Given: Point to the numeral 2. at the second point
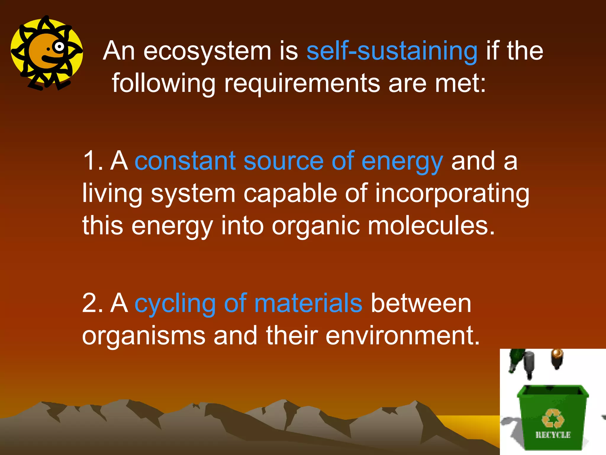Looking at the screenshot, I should [92, 303].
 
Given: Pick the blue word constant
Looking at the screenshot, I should [185, 161].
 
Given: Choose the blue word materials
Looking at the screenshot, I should [308, 303].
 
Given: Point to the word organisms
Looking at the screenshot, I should [144, 337].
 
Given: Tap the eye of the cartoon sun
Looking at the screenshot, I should [59, 47].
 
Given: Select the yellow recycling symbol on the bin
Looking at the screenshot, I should [552, 419].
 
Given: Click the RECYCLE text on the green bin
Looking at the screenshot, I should [553, 435].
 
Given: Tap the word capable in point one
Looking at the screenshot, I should [290, 194].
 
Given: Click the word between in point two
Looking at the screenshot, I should [421, 303].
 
